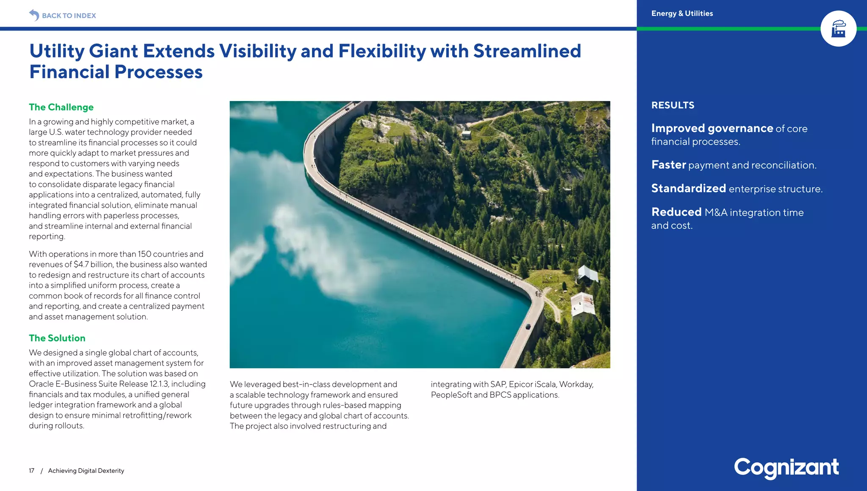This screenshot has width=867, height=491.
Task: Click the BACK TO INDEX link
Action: [x=69, y=16]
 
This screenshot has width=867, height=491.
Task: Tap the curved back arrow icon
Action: [x=34, y=15]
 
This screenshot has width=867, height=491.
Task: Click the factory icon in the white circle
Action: [x=838, y=29]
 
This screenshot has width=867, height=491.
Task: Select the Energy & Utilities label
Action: [x=682, y=14]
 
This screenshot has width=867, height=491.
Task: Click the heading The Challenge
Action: [x=61, y=107]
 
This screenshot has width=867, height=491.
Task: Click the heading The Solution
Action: [x=57, y=338]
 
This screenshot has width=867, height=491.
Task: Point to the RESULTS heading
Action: [x=672, y=105]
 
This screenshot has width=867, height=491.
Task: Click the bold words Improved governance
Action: [x=712, y=128]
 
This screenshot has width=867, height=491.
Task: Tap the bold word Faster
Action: [x=668, y=165]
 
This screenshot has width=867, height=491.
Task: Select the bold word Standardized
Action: [x=688, y=188]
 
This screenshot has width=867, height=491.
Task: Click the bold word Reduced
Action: [x=676, y=212]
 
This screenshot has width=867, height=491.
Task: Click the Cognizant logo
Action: [x=786, y=468]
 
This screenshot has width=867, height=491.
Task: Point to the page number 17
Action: [x=31, y=471]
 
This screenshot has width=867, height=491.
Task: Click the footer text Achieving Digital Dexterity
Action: [x=86, y=471]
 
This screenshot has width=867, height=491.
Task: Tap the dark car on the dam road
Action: [x=527, y=326]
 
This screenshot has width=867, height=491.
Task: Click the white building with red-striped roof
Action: [x=583, y=304]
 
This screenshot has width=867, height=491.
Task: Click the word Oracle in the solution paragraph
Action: [x=41, y=384]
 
